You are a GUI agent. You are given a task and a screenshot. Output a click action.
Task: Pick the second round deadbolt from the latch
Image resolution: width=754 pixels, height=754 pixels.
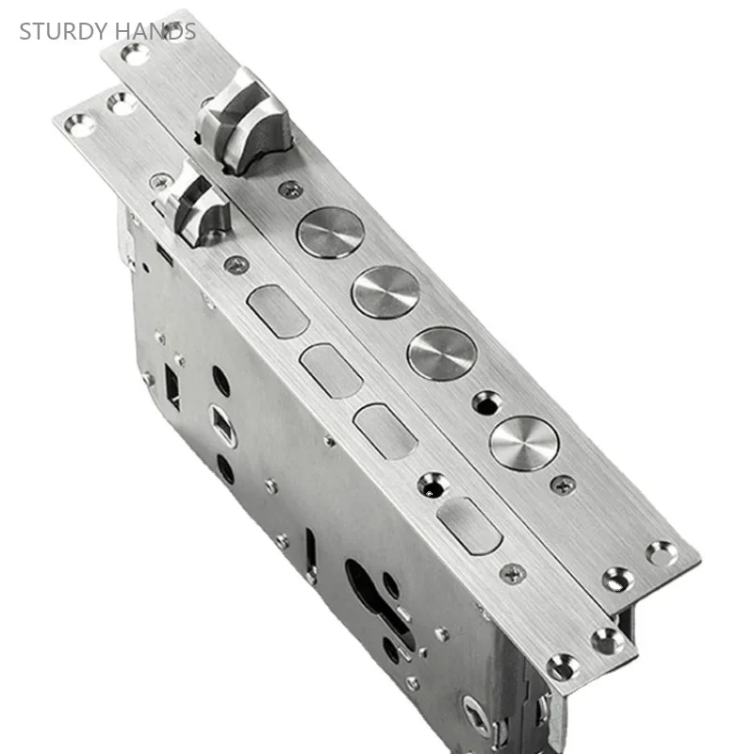(385, 291)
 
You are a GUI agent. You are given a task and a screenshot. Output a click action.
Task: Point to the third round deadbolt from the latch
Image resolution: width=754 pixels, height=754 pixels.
(442, 353)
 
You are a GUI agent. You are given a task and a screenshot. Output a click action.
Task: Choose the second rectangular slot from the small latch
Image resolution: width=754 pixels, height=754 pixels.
(332, 370)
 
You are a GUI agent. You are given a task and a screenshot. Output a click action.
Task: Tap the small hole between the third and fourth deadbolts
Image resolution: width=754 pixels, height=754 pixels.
(486, 402)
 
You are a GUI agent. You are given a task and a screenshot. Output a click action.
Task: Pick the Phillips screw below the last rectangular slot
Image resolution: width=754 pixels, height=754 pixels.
(513, 572)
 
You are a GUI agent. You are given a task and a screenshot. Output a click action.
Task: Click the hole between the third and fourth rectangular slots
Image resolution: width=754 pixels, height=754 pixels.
(432, 486)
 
